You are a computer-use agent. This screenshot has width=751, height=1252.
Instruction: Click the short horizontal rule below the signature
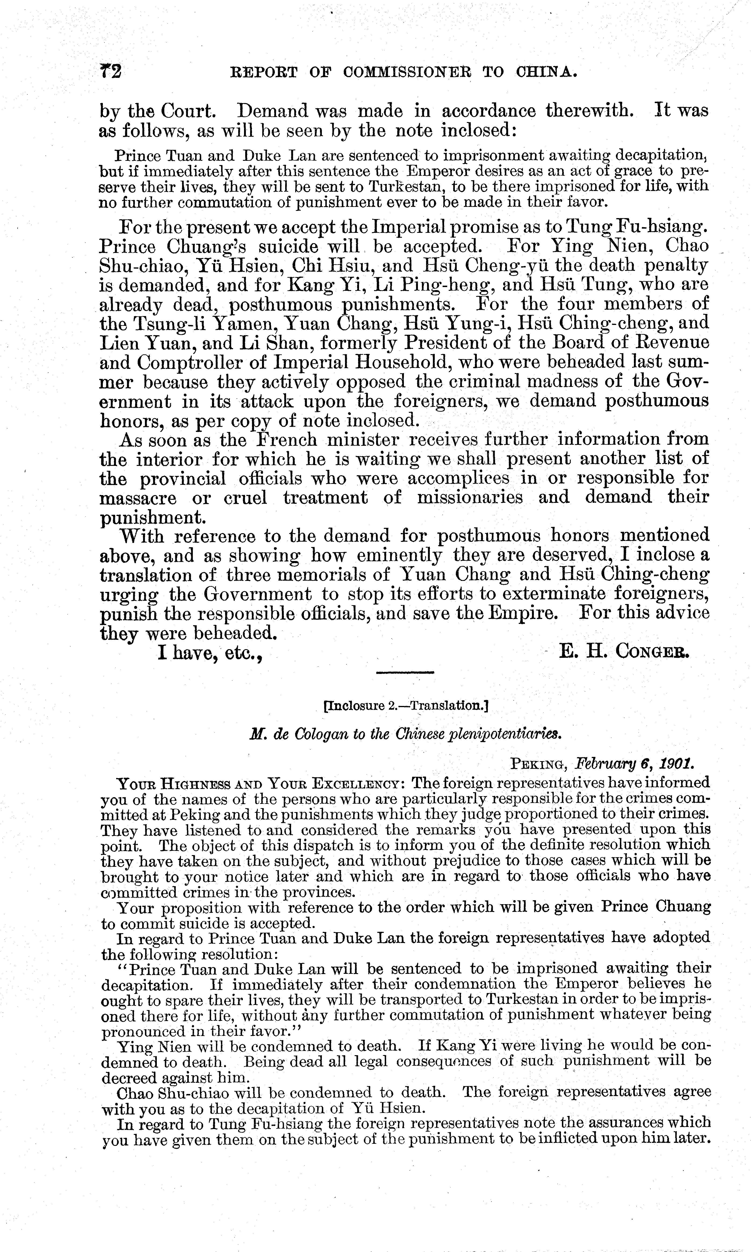[405, 672]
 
